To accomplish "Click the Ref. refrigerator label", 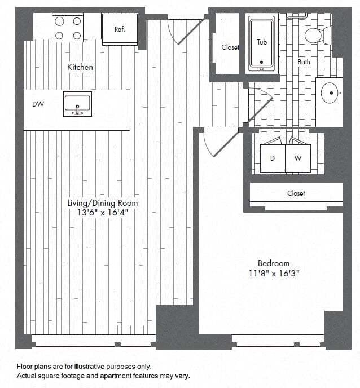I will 119,29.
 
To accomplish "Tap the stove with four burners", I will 68,27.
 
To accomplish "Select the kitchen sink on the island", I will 77,104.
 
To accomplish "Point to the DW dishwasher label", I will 38,104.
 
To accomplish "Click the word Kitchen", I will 80,67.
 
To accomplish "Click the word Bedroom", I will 274,263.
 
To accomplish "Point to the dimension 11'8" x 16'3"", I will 274,273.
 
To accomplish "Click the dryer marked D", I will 272,158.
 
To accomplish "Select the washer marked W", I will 298,158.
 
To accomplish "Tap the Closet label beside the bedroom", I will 296,193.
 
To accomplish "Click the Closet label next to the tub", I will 230,47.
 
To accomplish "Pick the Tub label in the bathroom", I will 262,42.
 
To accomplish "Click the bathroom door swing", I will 260,102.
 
